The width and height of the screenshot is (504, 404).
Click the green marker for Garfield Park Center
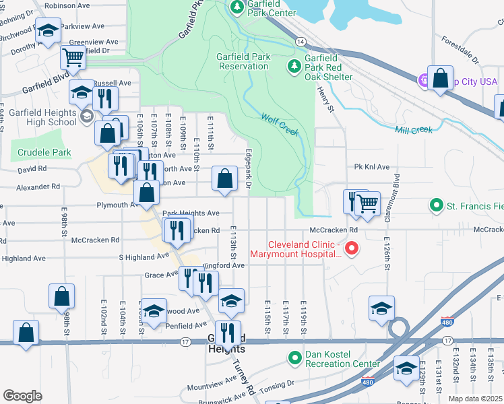237,8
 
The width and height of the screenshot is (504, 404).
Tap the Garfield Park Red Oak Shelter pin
294,67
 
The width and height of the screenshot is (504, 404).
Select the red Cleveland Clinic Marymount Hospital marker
351,250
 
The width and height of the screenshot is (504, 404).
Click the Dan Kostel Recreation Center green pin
294,358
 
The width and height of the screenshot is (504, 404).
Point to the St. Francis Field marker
436,205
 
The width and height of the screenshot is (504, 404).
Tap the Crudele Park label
44,153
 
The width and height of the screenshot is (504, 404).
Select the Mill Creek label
414,130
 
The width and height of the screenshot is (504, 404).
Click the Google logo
22,395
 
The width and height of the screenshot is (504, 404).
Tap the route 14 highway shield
300,42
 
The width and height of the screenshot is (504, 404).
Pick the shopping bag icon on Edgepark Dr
225,178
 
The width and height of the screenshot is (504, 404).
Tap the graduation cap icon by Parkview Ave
48,31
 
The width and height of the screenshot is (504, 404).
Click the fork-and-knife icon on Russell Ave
104,98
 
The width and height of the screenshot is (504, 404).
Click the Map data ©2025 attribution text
474,399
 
